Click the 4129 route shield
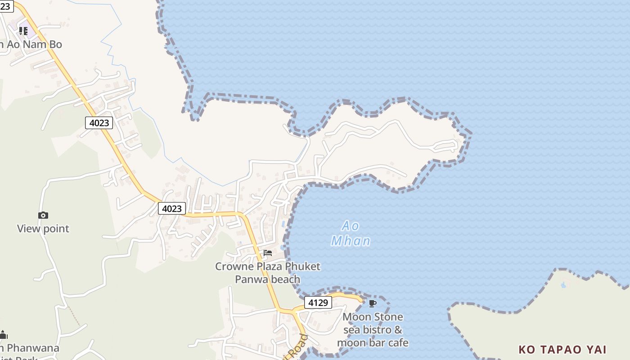click(x=318, y=302)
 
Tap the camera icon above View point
click(x=43, y=216)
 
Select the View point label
click(x=43, y=229)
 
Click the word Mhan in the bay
click(x=351, y=241)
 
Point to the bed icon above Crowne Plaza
click(x=268, y=253)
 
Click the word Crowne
click(x=234, y=266)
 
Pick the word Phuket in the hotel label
click(x=303, y=266)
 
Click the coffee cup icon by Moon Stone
click(x=372, y=303)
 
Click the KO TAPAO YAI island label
click(x=562, y=350)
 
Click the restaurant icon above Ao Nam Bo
click(x=23, y=31)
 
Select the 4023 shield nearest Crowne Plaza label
click(x=172, y=208)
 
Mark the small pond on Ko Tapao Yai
click(x=563, y=285)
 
